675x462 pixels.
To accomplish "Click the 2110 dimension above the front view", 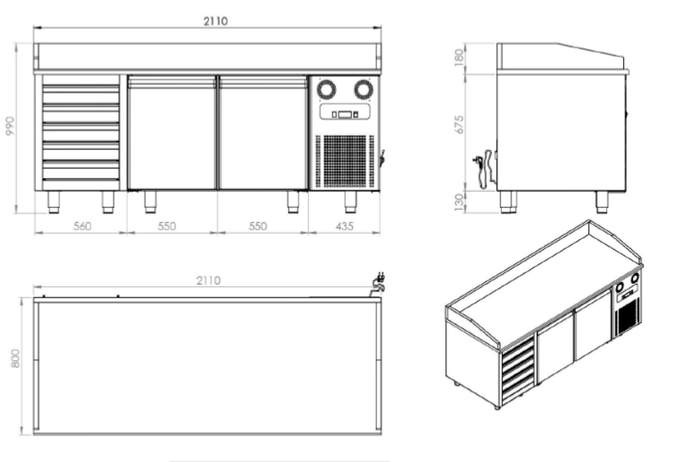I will pos(215,21).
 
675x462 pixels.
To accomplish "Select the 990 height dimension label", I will pos(10,126).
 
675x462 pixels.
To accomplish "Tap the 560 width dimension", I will pos(82,226).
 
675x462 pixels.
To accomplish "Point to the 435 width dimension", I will pos(344,226).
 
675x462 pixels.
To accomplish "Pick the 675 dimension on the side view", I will pos(459,124).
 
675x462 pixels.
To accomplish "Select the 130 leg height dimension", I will pos(459,202).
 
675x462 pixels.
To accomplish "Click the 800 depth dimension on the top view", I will pos(16,358).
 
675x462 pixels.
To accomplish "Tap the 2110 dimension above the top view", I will pos(208,281).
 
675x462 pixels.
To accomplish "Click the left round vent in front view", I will pos(326,90).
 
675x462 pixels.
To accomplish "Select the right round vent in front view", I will pos(363,90).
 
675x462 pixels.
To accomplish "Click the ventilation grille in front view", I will pos(345,161).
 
